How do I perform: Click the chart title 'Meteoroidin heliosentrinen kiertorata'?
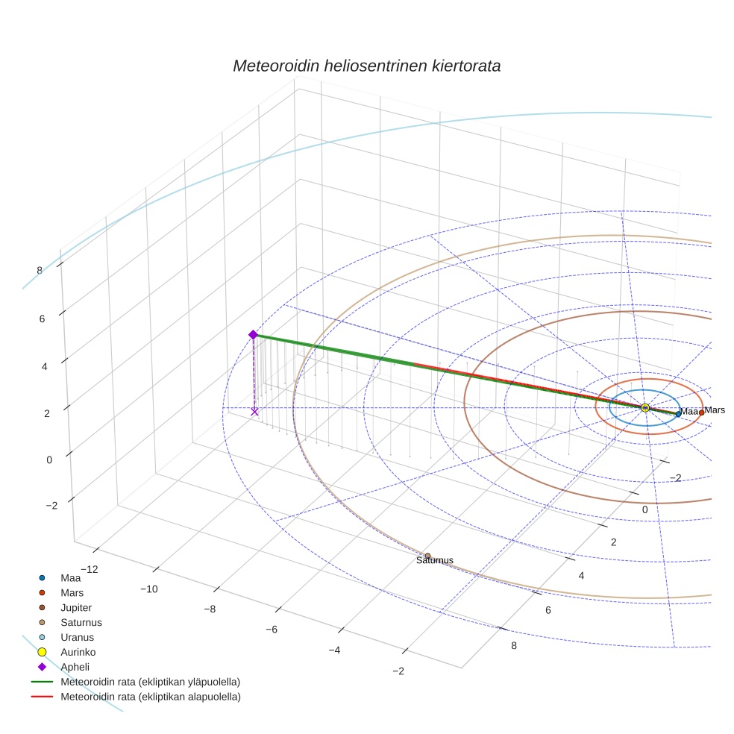(366, 66)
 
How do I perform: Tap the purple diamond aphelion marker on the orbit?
(253, 335)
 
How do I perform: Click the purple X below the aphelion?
(254, 411)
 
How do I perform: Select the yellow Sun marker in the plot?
(645, 407)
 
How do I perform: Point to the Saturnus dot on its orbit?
(427, 556)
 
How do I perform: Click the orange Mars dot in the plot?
(701, 413)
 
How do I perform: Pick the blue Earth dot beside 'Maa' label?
(678, 414)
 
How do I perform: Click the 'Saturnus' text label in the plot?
(435, 561)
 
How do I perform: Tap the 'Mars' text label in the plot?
(715, 410)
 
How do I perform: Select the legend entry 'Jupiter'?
(76, 607)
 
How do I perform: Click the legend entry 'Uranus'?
(77, 637)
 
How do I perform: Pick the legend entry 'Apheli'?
(75, 667)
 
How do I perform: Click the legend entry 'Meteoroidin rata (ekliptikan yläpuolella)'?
(150, 682)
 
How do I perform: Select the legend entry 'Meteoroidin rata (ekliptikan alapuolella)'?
(151, 697)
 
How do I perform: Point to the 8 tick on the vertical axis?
(39, 270)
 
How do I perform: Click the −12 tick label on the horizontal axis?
(89, 569)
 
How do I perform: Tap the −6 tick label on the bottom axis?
(271, 630)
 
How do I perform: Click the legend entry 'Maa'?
(70, 577)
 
